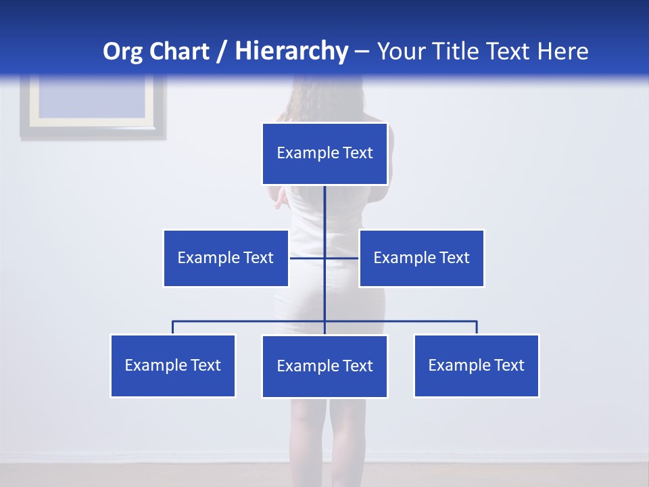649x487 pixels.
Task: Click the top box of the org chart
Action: pos(324,154)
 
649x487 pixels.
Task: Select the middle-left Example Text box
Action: pos(226,258)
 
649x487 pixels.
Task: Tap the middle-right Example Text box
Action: pos(421,258)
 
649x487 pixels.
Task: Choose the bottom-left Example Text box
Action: pos(173,365)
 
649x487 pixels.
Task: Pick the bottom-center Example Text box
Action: pos(324,366)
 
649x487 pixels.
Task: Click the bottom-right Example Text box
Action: pos(476,365)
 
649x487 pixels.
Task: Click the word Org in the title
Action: pos(122,51)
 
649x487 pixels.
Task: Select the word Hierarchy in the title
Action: pos(291,51)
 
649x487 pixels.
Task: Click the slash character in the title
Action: pos(222,51)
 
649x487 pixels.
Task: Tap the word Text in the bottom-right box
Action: pos(508,365)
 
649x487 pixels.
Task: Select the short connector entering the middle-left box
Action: pos(306,258)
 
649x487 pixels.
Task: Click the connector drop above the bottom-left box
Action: pos(173,327)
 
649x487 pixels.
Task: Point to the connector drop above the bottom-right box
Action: pos(477,327)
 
